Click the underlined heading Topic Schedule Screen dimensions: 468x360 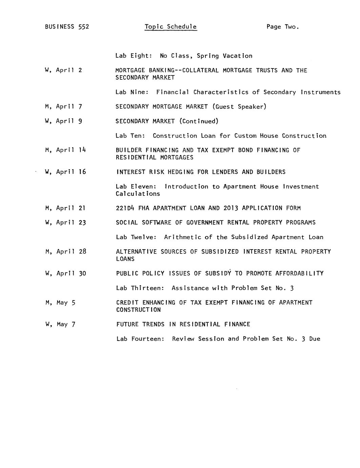[171, 27]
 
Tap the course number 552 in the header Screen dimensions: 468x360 [84, 27]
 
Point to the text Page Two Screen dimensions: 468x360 [283, 27]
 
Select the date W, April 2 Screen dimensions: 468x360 [63, 70]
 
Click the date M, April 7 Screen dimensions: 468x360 [63, 107]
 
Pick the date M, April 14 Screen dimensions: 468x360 [65, 150]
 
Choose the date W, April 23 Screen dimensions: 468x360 [65, 222]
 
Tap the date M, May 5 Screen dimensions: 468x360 [60, 303]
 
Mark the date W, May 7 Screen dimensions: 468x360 [60, 324]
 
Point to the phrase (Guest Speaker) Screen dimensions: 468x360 [239, 107]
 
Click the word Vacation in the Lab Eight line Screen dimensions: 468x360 [237, 56]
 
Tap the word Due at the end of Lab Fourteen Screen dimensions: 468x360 [315, 339]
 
